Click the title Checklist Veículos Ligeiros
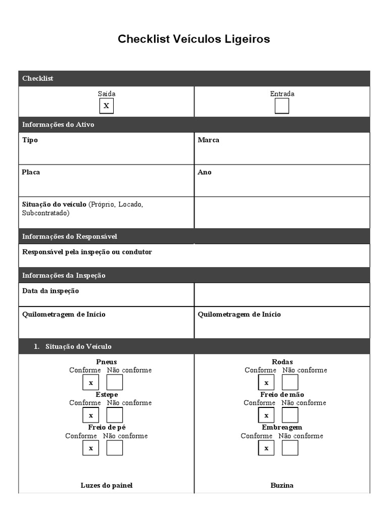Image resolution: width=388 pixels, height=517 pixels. pos(193,39)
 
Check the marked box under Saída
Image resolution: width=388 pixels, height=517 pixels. pos(106,106)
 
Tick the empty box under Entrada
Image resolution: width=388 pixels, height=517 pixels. pos(282,106)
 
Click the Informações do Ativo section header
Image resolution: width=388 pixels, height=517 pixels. pos(58,125)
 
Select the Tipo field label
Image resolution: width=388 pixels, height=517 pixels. pos(30,140)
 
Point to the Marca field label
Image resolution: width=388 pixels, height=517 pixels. pos(209,140)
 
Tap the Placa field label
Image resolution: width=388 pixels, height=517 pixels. pos(31,172)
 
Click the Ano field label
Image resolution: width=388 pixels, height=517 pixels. pos(205,172)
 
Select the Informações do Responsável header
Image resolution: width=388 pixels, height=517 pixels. pos(70,236)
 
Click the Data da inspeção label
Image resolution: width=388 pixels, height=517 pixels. pos(51,291)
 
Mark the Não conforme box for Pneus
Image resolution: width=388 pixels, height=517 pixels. pos(115,382)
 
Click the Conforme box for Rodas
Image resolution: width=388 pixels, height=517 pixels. pos(266,382)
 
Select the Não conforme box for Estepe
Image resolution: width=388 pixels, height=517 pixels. pos(115,415)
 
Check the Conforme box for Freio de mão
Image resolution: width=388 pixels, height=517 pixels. pos(266,415)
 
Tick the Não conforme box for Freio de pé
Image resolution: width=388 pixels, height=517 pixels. pos(115,448)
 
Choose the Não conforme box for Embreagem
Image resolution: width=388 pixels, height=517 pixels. pos(290,448)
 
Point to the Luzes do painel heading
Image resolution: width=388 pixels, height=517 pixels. pos(107,485)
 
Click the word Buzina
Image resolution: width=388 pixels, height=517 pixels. pos(282,485)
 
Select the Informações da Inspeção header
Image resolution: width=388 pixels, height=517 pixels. pos(64,275)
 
